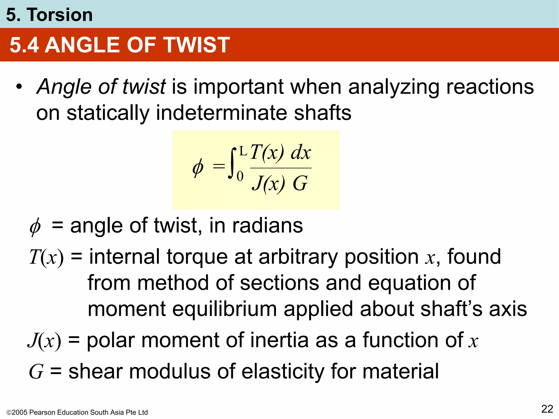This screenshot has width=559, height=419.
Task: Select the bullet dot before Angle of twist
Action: (19, 87)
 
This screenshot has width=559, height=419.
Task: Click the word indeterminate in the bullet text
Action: (221, 113)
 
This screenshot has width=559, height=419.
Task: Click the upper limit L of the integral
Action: (243, 151)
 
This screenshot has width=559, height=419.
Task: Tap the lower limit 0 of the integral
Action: (240, 176)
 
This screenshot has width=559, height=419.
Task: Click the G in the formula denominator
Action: (300, 183)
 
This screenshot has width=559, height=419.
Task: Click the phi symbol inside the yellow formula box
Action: (198, 167)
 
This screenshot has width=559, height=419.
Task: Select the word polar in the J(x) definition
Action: (111, 340)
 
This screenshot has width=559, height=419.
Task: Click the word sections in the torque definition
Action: (279, 283)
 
